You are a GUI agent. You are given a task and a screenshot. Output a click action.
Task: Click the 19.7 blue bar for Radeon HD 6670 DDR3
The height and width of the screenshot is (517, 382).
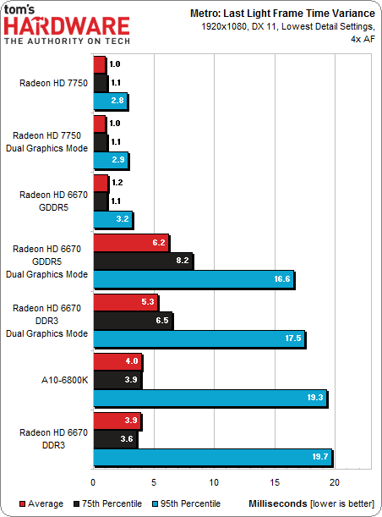pyautogui.click(x=212, y=458)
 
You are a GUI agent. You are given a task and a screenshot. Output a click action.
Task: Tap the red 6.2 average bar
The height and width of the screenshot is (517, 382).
pyautogui.click(x=131, y=243)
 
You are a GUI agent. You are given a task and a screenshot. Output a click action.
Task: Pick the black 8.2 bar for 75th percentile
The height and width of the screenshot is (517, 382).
pyautogui.click(x=143, y=261)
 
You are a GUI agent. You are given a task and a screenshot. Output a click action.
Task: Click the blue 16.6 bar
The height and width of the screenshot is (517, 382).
pyautogui.click(x=194, y=279)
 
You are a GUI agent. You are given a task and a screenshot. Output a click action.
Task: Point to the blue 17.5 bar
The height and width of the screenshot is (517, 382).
pyautogui.click(x=199, y=338)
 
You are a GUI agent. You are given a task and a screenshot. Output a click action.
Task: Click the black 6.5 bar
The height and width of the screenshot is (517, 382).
pyautogui.click(x=133, y=321)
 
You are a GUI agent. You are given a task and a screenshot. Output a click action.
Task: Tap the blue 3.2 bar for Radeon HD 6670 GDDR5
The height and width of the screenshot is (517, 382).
pyautogui.click(x=112, y=220)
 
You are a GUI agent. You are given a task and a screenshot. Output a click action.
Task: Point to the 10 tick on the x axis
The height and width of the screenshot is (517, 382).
pyautogui.click(x=215, y=483)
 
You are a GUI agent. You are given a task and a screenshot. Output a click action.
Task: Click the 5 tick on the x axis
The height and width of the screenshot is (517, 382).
pyautogui.click(x=154, y=483)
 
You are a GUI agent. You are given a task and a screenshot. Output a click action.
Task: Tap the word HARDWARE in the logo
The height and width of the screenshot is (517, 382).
pyautogui.click(x=68, y=27)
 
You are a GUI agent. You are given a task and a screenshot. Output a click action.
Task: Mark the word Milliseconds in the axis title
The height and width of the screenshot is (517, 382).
pyautogui.click(x=275, y=503)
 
